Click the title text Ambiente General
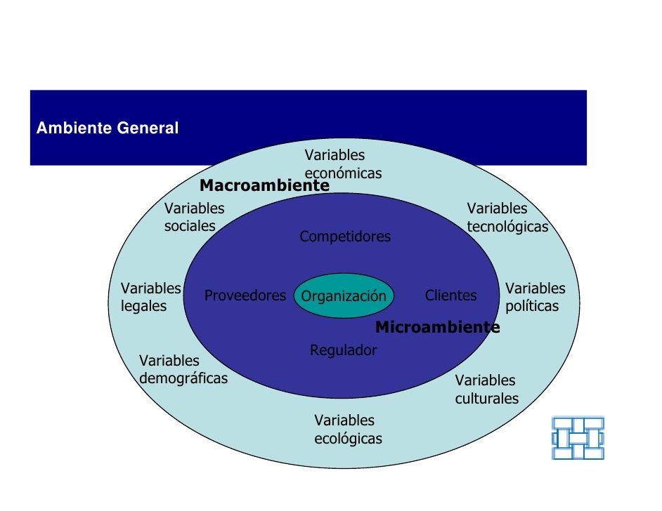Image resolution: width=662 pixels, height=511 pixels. [108, 128]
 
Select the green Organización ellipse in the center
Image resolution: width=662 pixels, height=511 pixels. [344, 296]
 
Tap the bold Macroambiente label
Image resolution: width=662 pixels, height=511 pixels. [264, 185]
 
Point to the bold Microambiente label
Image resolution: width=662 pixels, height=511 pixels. [437, 327]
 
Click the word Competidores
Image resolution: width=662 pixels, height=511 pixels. [345, 237]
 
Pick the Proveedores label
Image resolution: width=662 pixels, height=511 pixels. [245, 296]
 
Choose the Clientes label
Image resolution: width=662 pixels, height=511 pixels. [451, 296]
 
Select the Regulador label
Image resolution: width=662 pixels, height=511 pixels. [343, 350]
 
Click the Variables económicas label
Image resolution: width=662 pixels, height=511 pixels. [343, 164]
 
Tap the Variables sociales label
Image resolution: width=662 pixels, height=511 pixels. [194, 217]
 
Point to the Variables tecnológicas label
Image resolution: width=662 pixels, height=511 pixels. [507, 218]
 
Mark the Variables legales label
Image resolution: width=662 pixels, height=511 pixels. [150, 297]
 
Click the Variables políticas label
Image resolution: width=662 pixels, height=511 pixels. [536, 297]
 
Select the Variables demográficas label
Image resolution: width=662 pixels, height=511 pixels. [183, 370]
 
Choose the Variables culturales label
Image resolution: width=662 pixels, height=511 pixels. [487, 389]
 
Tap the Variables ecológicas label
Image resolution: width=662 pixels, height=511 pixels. [348, 429]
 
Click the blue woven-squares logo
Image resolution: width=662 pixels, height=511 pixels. [578, 437]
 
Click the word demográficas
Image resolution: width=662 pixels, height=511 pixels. [183, 378]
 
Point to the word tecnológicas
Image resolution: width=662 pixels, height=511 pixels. [507, 227]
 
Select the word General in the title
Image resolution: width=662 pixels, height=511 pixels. [148, 128]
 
